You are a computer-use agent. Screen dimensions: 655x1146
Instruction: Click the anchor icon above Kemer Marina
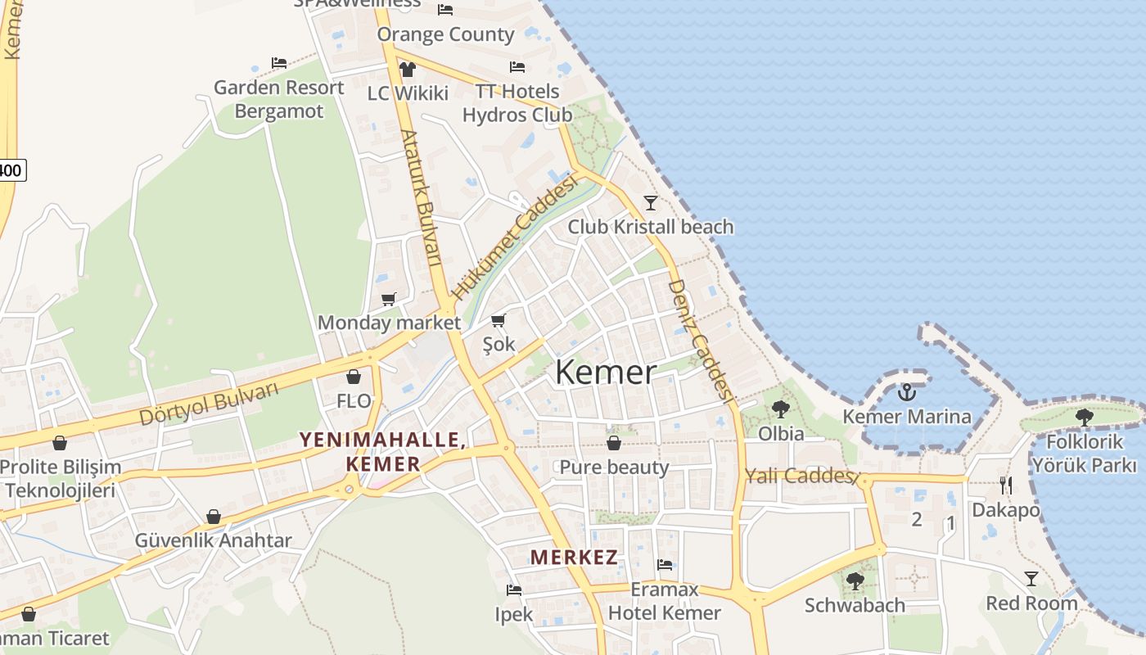[x=906, y=392]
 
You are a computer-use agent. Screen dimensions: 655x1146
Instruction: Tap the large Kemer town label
[x=606, y=373]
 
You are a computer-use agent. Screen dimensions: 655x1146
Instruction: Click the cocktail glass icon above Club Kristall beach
[x=651, y=202]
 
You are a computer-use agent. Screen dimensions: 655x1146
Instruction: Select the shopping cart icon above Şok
[x=499, y=320]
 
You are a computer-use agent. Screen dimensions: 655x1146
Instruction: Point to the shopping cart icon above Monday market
[x=389, y=299]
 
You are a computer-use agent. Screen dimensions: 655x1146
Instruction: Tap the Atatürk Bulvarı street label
[x=422, y=196]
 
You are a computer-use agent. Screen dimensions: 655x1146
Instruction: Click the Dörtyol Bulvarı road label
[x=209, y=404]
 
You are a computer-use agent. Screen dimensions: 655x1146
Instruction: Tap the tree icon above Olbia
[x=780, y=409]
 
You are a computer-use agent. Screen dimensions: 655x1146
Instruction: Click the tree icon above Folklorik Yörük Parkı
[x=1085, y=418]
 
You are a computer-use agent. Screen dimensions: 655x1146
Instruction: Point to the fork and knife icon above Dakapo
[x=1006, y=486]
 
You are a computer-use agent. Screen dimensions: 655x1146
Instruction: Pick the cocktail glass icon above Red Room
[x=1031, y=579]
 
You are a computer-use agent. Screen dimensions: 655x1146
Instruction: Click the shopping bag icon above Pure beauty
[x=614, y=443]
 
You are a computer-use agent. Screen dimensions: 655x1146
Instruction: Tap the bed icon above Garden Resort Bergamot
[x=279, y=63]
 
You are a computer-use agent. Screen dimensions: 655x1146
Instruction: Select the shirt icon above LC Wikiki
[x=407, y=69]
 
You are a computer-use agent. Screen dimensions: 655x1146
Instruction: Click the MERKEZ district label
[x=574, y=558]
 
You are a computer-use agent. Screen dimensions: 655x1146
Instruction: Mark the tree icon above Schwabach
[x=855, y=581]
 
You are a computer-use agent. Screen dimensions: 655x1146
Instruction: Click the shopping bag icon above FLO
[x=354, y=377]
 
